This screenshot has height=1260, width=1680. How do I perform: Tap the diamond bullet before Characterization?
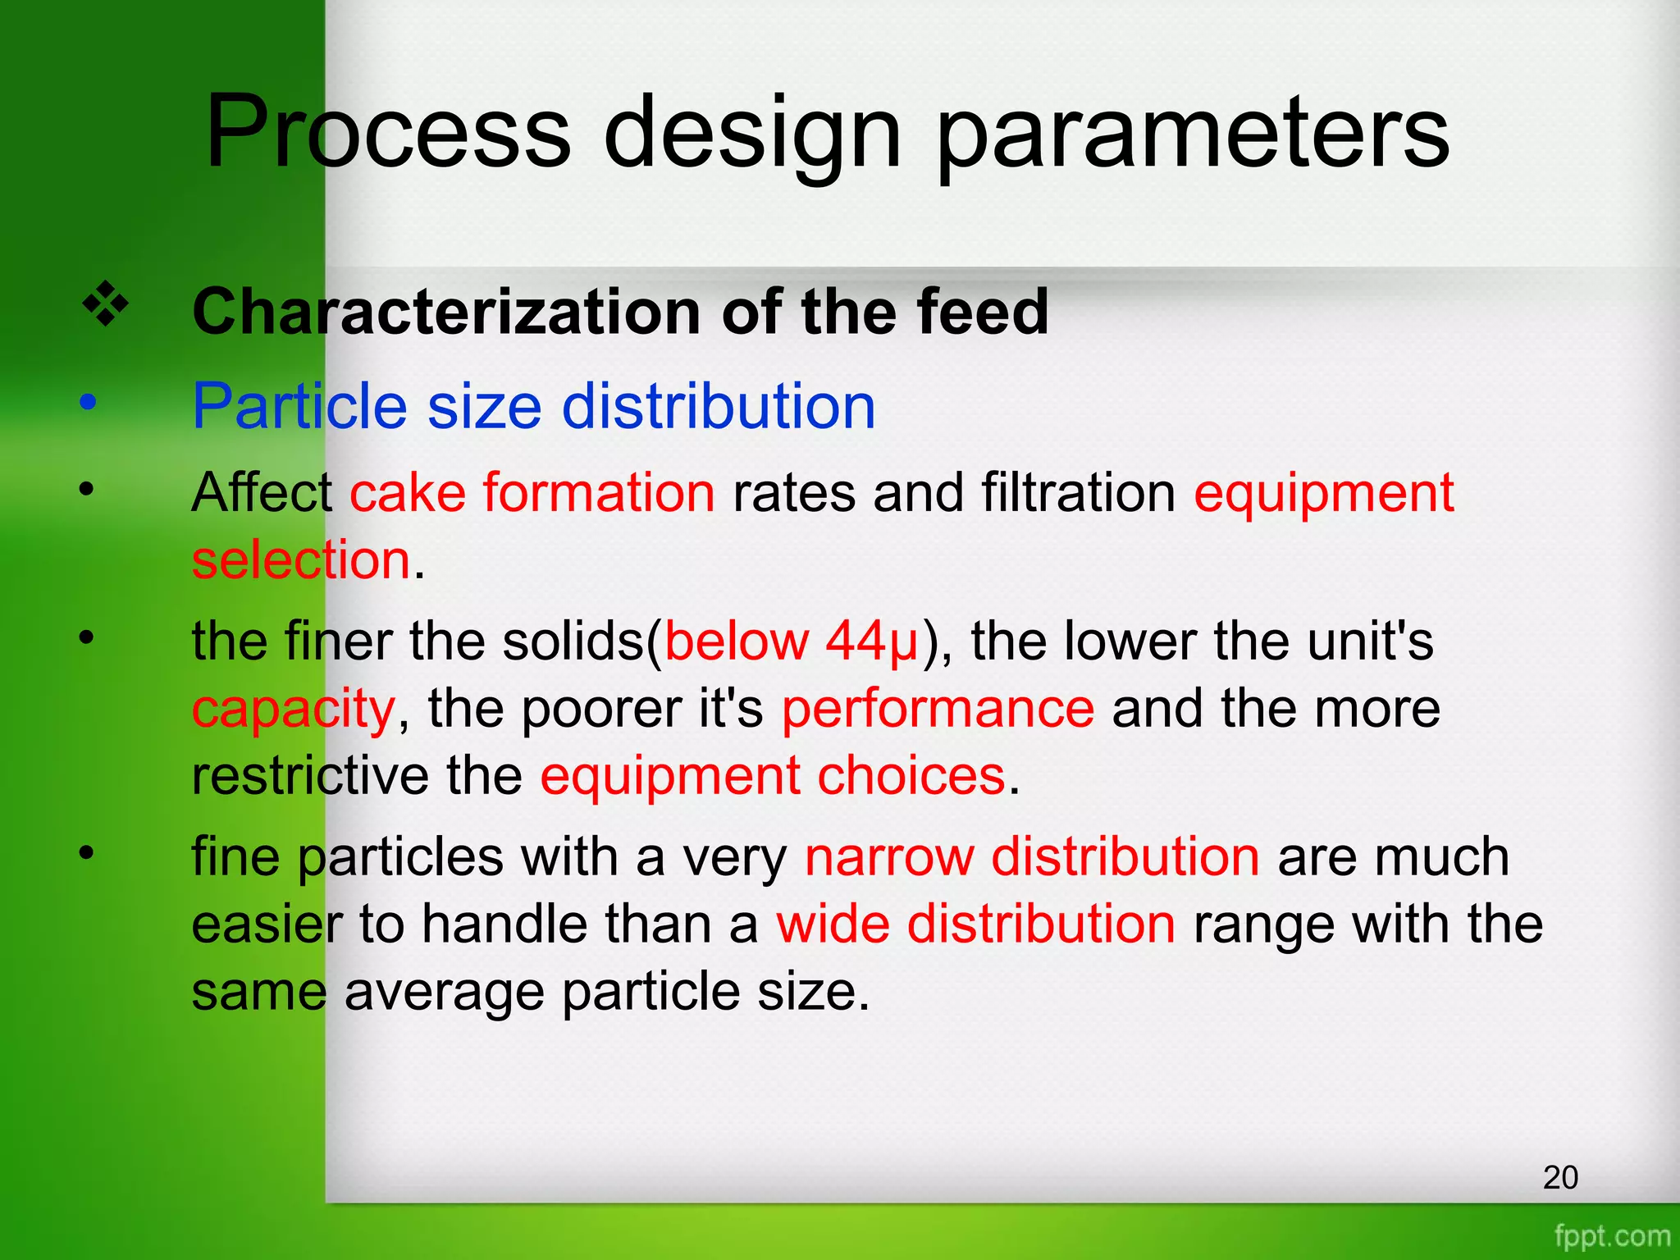tap(106, 305)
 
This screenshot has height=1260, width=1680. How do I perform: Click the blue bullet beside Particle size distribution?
tap(88, 403)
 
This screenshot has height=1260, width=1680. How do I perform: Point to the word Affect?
tap(262, 492)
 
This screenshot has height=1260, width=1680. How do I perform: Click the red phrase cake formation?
tap(532, 492)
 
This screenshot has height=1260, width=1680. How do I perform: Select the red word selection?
tap(300, 560)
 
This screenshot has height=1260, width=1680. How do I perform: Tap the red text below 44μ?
tap(791, 641)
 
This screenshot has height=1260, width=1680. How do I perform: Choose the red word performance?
tap(938, 709)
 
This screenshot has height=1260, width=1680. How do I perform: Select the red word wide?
tap(833, 924)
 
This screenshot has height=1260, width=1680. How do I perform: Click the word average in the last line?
tap(444, 992)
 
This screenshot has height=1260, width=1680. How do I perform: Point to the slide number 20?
tap(1560, 1177)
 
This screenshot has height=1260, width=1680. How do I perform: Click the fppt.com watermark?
tap(1612, 1235)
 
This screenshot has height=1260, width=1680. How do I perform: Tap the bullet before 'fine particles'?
tap(87, 853)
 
